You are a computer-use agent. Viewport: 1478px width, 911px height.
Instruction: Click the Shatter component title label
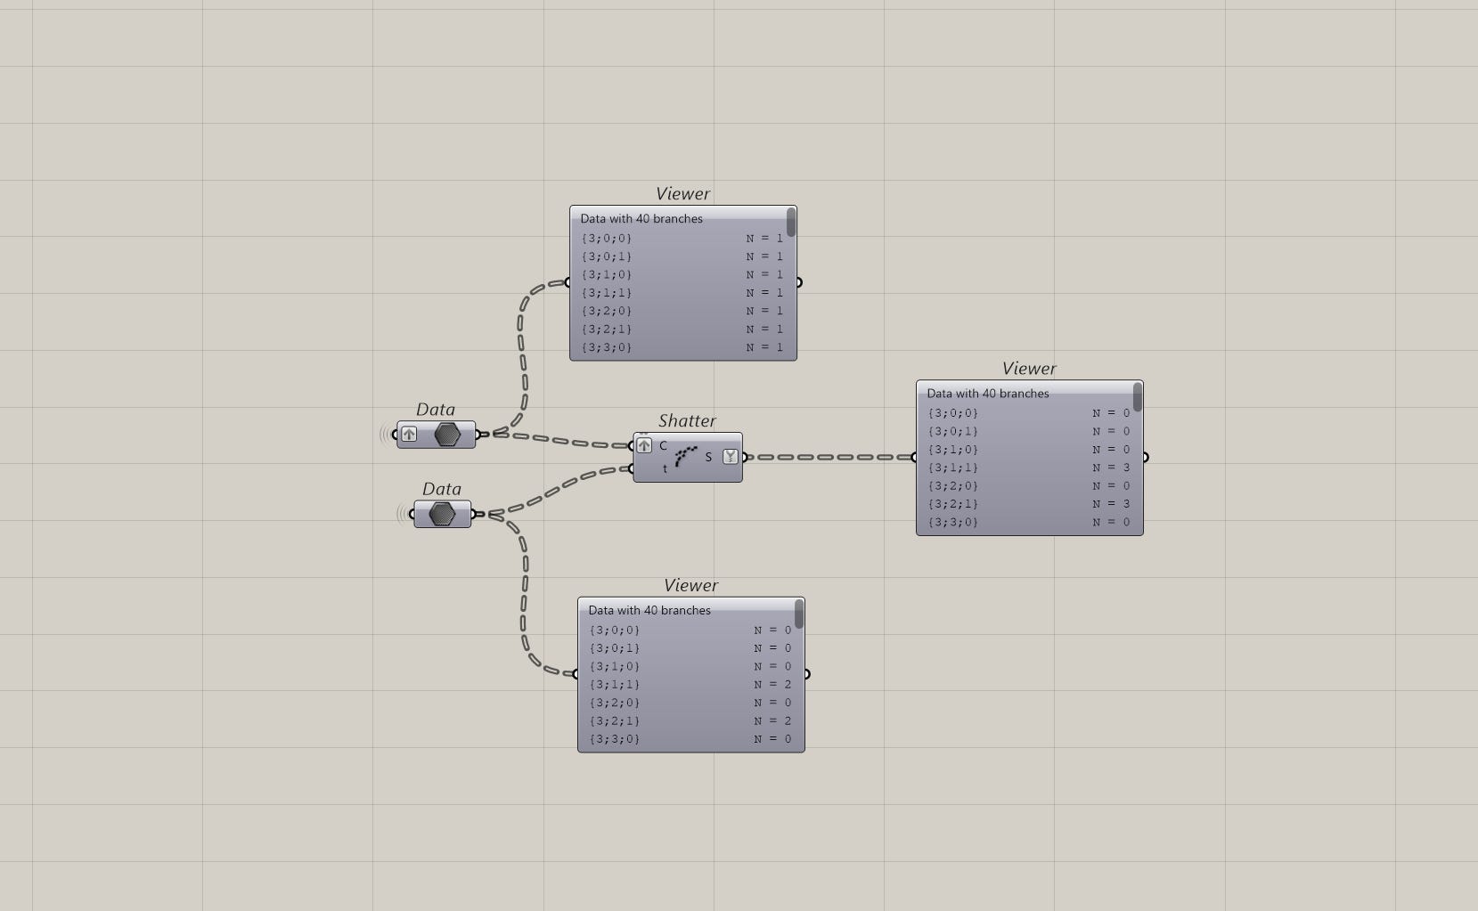point(687,421)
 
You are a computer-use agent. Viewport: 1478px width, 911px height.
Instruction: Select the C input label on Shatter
point(663,446)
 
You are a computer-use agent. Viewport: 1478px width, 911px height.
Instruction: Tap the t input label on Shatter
point(665,469)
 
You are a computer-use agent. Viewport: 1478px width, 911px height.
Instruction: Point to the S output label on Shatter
point(708,457)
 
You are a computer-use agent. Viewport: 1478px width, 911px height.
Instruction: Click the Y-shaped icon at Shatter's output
point(731,457)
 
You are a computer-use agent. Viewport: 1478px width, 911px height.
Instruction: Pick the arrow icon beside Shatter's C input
point(644,445)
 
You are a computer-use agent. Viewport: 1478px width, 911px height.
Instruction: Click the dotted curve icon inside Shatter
point(685,456)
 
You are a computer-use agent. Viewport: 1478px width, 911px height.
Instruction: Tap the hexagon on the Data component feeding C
point(447,435)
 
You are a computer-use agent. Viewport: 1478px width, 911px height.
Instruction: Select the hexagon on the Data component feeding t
point(442,514)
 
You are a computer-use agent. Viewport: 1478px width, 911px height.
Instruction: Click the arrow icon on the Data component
point(409,435)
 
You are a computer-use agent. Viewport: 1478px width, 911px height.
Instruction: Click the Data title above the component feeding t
point(442,489)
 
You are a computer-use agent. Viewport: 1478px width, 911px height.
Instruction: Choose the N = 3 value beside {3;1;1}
point(1111,468)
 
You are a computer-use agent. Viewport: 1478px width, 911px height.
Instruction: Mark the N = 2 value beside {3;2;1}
point(772,720)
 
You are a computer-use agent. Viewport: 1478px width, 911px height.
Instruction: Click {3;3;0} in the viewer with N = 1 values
point(607,347)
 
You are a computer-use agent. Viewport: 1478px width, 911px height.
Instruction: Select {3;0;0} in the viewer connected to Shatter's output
point(953,413)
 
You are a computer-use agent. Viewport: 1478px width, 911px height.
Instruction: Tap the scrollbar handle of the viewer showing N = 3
point(1138,397)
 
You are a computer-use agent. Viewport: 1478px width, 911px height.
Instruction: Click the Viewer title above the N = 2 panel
point(690,586)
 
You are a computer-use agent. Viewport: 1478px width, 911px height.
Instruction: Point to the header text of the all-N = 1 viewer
point(641,218)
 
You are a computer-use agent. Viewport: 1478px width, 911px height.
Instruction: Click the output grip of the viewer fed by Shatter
point(1145,458)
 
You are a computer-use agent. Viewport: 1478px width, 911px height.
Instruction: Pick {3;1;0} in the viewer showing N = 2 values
point(615,666)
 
